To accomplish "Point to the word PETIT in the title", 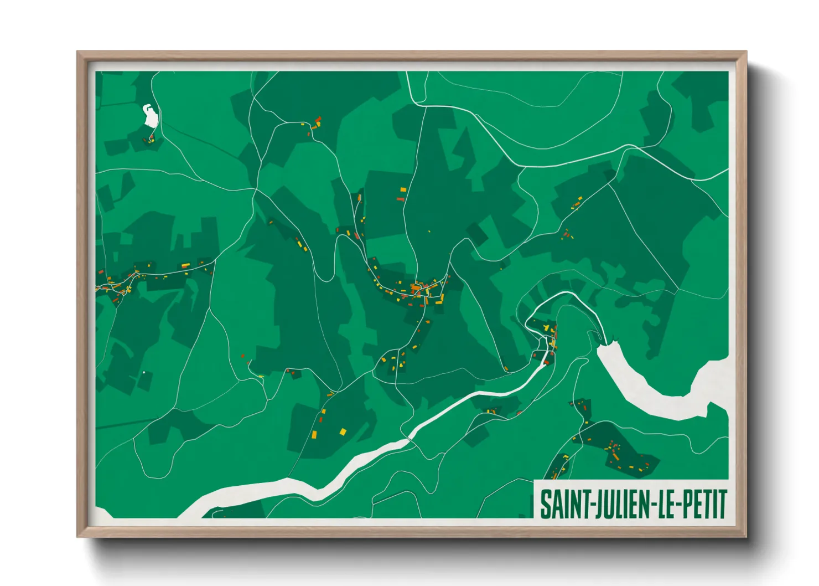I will [x=703, y=504].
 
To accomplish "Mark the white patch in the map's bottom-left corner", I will [x=103, y=513].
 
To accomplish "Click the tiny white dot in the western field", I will [x=143, y=372].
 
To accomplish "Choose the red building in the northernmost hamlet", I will [x=318, y=119].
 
